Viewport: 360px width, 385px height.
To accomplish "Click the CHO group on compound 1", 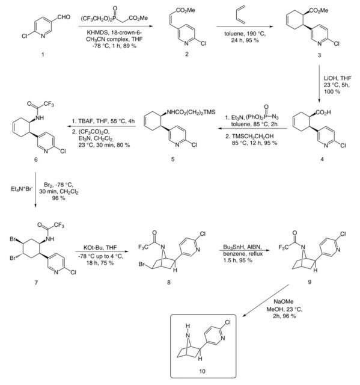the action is (64, 17).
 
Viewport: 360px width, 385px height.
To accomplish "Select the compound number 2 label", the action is (187, 54).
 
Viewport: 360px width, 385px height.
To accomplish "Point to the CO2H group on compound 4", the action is (323, 112).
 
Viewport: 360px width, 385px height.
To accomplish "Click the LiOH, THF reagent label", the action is (338, 78).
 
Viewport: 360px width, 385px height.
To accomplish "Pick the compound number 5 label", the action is (173, 159).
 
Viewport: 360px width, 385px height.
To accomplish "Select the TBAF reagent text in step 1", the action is (85, 122).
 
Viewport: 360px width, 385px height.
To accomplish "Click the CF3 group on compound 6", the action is (49, 104).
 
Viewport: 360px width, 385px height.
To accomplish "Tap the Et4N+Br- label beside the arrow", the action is (22, 189).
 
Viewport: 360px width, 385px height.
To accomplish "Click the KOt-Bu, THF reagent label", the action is (100, 247).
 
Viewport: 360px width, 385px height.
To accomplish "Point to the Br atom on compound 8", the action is (141, 265).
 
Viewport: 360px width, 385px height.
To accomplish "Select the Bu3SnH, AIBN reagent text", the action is (242, 247).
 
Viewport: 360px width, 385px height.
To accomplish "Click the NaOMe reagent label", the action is (284, 301).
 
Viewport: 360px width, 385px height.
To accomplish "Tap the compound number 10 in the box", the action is (203, 371).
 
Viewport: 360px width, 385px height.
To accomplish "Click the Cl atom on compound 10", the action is (228, 322).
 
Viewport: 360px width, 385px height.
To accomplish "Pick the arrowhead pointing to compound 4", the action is (319, 100).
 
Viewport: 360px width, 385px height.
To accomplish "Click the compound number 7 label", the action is (36, 283).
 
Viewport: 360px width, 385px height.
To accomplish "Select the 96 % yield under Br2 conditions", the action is (59, 198).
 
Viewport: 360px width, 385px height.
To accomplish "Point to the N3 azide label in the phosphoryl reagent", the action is (275, 117).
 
